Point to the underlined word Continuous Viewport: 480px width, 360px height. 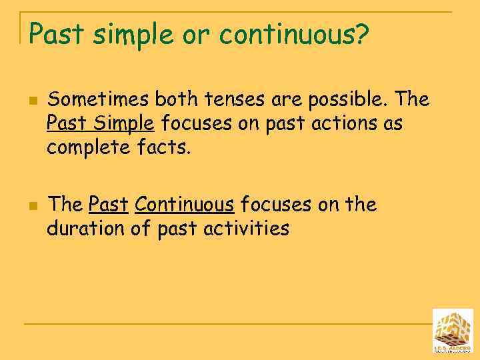pyautogui.click(x=184, y=205)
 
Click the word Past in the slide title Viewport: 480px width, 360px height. pyautogui.click(x=57, y=35)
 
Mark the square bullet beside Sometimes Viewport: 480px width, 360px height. pyautogui.click(x=31, y=101)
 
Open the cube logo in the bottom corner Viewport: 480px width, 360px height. pyautogui.click(x=453, y=331)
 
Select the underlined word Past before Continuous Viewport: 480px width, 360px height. pyautogui.click(x=108, y=205)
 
